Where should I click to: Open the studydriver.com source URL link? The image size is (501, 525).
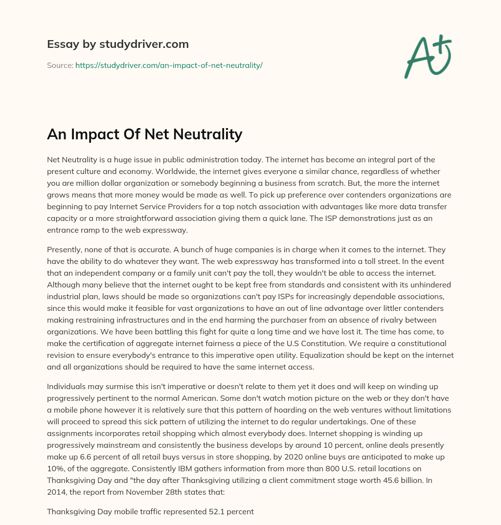coord(169,65)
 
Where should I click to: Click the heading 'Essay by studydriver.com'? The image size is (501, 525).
coord(117,44)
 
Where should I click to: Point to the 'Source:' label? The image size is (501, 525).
coord(60,65)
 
